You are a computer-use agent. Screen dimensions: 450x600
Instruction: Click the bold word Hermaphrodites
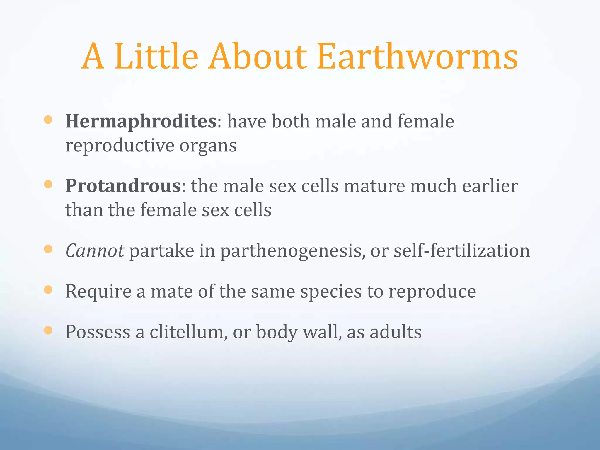[141, 121]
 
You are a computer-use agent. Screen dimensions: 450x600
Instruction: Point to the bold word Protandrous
[123, 186]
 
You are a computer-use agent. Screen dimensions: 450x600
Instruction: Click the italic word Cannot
[95, 251]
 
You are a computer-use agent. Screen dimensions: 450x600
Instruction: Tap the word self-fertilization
[461, 251]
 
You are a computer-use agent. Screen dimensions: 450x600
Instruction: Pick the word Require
[98, 292]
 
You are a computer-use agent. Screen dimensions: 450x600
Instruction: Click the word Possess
[98, 332]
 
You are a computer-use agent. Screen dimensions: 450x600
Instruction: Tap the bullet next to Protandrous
[48, 184]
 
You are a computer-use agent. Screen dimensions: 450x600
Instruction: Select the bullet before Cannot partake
[48, 249]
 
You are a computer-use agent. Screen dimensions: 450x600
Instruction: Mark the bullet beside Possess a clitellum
[48, 330]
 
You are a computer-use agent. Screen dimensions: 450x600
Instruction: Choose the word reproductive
[120, 146]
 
